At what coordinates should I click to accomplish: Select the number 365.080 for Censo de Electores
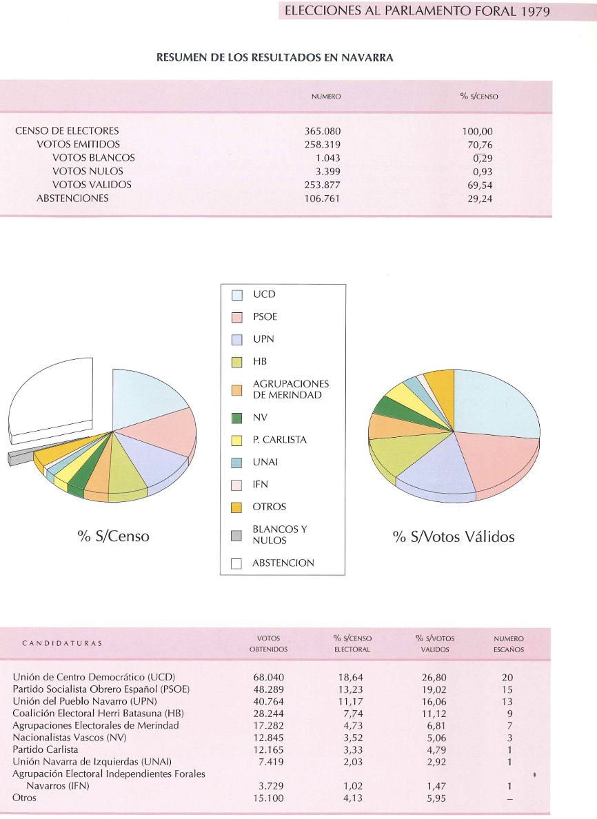pos(323,131)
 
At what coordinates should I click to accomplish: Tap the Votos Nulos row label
pos(88,171)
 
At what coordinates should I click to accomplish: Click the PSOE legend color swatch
pos(236,317)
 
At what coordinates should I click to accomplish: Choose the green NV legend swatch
pos(236,418)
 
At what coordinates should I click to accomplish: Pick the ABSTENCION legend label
pos(283,563)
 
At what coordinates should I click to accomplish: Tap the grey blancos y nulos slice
pos(21,456)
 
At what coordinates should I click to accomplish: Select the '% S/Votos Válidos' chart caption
pos(454,536)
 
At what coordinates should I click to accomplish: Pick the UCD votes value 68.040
pos(269,678)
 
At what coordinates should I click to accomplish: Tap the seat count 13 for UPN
pos(508,701)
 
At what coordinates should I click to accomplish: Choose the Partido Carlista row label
pos(45,749)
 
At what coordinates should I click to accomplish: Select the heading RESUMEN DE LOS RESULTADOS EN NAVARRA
pos(275,58)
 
